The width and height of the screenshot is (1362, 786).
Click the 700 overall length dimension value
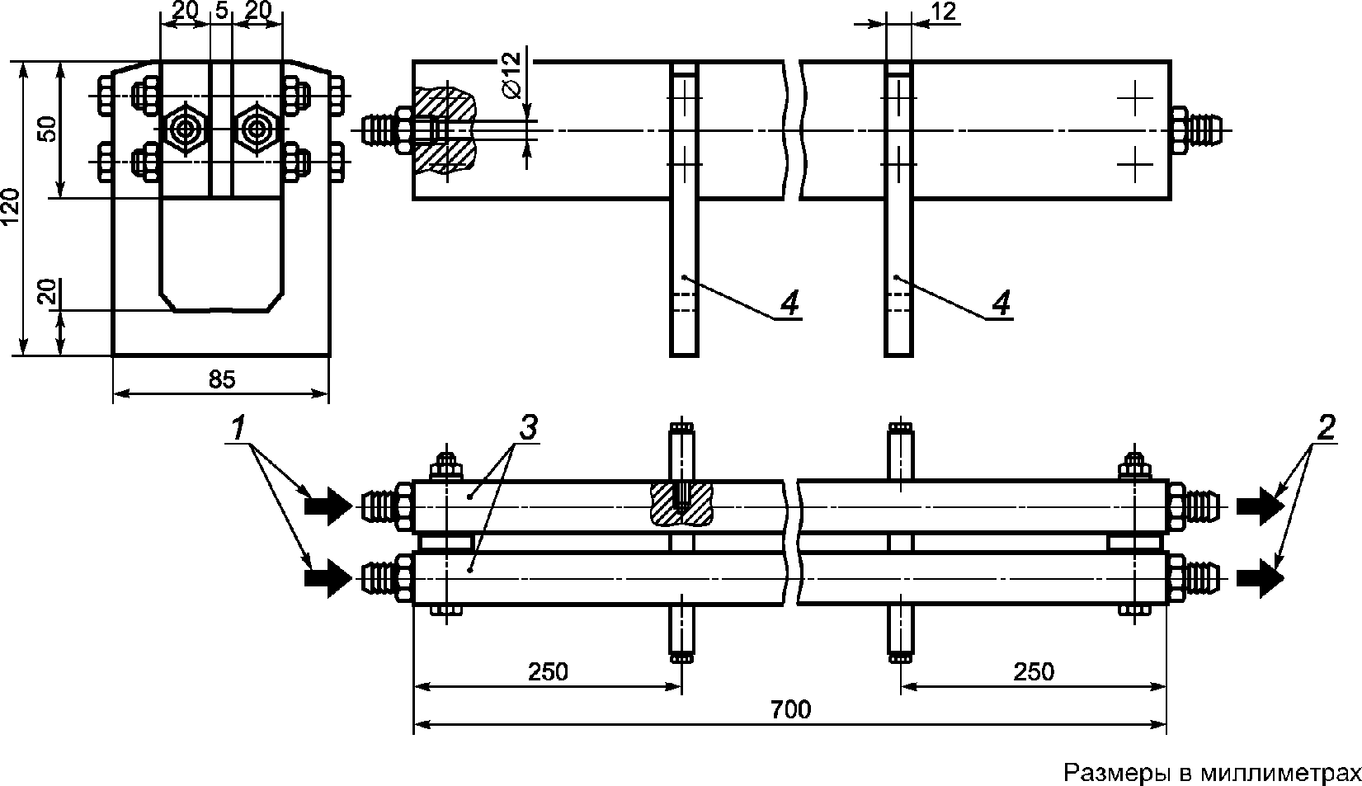pyautogui.click(x=790, y=709)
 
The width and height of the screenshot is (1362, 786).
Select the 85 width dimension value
pyautogui.click(x=222, y=379)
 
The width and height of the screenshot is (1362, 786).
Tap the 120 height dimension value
pyautogui.click(x=12, y=207)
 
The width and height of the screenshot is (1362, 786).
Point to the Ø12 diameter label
pyautogui.click(x=512, y=75)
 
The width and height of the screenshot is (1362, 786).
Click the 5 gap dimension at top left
pyautogui.click(x=221, y=11)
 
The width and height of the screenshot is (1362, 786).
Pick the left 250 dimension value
pyautogui.click(x=548, y=671)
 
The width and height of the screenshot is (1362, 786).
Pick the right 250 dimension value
pyautogui.click(x=1034, y=671)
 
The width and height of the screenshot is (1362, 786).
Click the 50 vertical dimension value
pyautogui.click(x=49, y=129)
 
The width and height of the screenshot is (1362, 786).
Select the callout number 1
pyautogui.click(x=238, y=428)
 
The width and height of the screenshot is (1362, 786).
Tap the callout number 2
pyautogui.click(x=1327, y=428)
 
